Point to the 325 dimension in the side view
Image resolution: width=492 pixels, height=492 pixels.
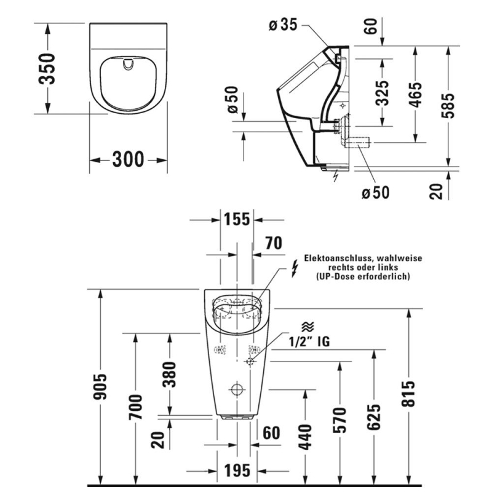(383, 93)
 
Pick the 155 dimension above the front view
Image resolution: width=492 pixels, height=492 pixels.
(237, 219)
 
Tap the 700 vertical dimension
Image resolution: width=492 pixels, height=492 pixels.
(137, 407)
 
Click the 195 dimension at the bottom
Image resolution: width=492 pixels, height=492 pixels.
(236, 470)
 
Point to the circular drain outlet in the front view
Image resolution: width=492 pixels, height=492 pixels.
(237, 389)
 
